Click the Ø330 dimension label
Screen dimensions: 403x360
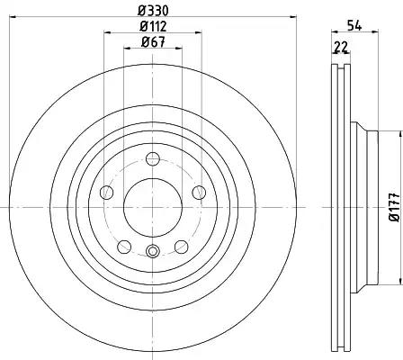(153, 11)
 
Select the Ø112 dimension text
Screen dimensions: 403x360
(153, 27)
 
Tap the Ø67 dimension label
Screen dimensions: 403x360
(153, 42)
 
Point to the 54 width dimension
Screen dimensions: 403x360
(354, 25)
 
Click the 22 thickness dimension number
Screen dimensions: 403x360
(341, 47)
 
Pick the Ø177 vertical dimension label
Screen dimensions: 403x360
(395, 207)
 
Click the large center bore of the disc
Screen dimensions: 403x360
(153, 207)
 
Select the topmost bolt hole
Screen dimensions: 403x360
(153, 158)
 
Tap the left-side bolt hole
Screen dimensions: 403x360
(106, 192)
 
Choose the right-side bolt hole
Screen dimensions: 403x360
(199, 192)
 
